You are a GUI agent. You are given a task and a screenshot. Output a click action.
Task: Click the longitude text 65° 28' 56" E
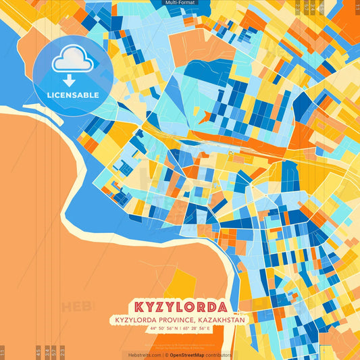click(x=197, y=328)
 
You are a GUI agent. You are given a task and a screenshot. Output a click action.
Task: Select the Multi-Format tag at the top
click(x=180, y=3)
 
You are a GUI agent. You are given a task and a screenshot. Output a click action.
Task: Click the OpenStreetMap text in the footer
click(x=186, y=355)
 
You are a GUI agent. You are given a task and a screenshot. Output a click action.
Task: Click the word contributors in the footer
click(x=219, y=355)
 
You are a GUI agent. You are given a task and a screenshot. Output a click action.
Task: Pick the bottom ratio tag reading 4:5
click(x=38, y=353)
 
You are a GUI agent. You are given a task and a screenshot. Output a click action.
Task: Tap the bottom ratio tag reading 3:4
click(x=47, y=353)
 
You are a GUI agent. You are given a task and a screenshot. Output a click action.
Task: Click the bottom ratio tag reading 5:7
click(x=54, y=353)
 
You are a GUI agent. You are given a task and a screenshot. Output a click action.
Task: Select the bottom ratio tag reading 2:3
click(x=62, y=353)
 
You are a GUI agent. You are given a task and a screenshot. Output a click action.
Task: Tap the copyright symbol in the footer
click(x=166, y=355)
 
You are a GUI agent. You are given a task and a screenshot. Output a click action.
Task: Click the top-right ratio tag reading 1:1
click(x=356, y=7)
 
